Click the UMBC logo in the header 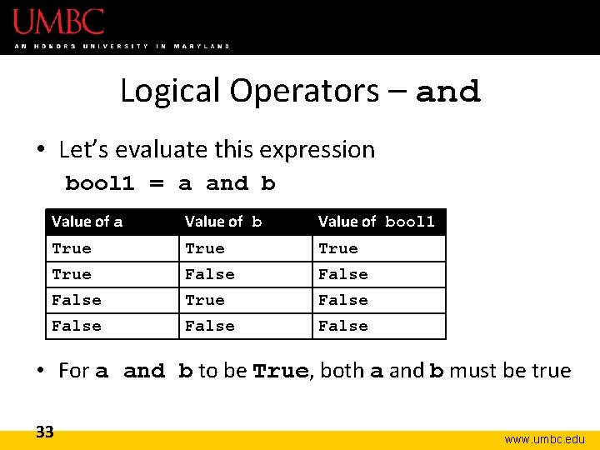click(x=58, y=22)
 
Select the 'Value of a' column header click(x=87, y=222)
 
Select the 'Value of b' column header click(x=223, y=222)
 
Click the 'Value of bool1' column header click(x=377, y=222)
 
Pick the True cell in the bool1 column click(x=338, y=248)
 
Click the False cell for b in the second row click(x=210, y=274)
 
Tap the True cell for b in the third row click(x=205, y=300)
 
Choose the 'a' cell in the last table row click(x=77, y=326)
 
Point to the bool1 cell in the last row click(x=343, y=326)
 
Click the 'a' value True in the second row click(x=72, y=274)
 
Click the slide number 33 click(x=45, y=432)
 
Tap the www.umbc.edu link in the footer click(x=545, y=439)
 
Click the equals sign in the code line click(x=157, y=183)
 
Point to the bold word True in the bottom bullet click(x=281, y=372)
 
